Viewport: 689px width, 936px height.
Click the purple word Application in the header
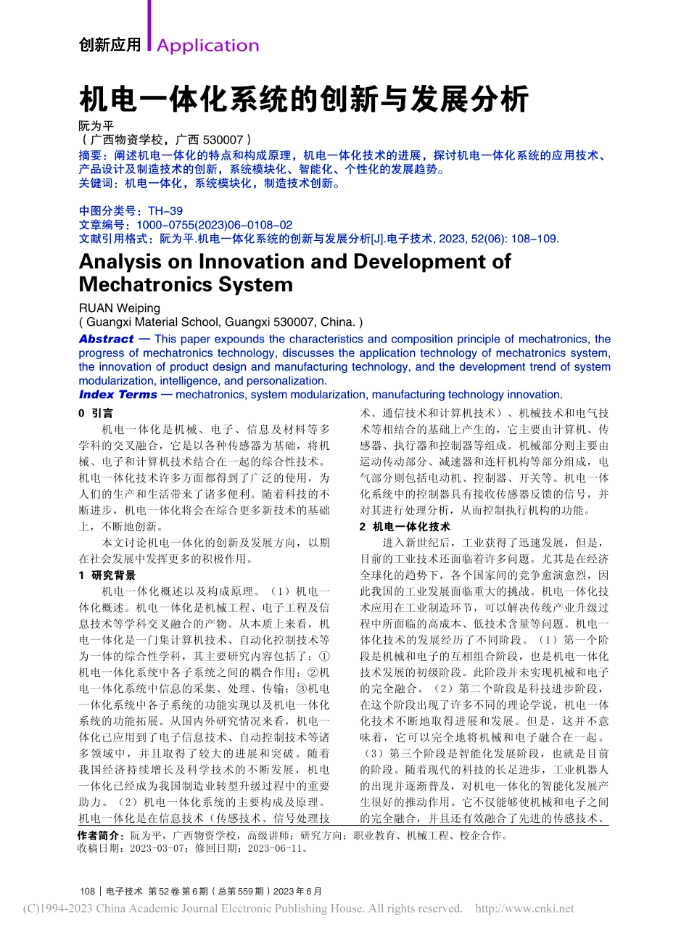tap(207, 46)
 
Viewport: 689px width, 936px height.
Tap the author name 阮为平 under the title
tap(96, 126)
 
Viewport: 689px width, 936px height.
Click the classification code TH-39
tap(165, 211)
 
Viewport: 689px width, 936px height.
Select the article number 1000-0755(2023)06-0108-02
tap(214, 225)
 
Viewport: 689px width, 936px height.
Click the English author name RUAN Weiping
tap(119, 308)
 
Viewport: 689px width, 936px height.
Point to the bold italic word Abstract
tap(107, 339)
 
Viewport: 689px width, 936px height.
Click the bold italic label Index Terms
tap(117, 395)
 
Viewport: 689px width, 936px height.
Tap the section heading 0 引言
tap(96, 413)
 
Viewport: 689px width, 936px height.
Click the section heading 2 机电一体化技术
tap(404, 527)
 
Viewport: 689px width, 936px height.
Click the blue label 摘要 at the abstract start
tap(90, 155)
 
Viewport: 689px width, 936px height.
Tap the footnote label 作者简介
tap(101, 835)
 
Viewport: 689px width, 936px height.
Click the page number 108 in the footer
tap(87, 891)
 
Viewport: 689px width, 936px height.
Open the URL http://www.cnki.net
tap(524, 908)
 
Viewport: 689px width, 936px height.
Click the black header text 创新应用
tap(110, 45)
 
